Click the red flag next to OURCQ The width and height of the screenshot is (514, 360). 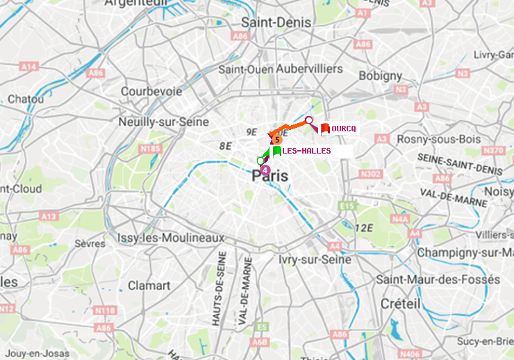point(325,128)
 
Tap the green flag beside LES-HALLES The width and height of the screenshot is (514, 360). point(276,150)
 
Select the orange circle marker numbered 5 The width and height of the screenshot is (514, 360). point(276,140)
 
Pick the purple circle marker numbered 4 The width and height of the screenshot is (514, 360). point(264,169)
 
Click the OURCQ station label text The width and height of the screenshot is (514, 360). point(344,129)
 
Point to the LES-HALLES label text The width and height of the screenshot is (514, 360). point(306,151)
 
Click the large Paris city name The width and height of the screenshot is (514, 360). point(270,177)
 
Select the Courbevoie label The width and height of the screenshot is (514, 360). point(151,91)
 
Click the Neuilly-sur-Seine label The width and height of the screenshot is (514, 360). point(164,122)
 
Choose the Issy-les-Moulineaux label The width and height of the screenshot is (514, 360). point(170,238)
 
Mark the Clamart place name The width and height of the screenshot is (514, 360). point(149,286)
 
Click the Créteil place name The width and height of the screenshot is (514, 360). point(400,304)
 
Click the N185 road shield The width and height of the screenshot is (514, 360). point(151,149)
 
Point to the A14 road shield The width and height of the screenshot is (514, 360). point(28,66)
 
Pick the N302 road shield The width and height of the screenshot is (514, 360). point(372,174)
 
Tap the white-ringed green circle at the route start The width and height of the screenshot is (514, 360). point(260,161)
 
